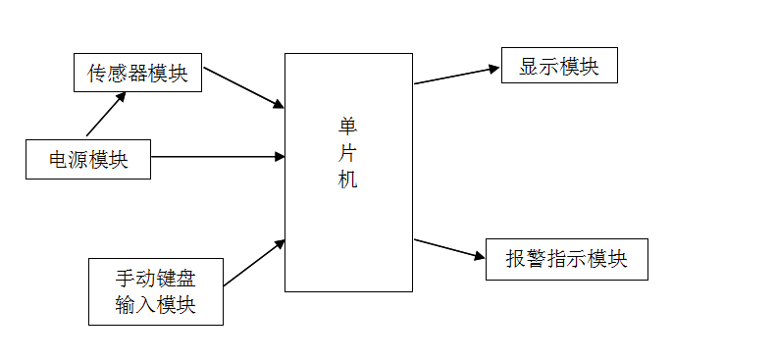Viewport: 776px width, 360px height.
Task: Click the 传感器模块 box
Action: click(x=137, y=73)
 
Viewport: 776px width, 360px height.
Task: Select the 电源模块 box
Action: click(x=88, y=159)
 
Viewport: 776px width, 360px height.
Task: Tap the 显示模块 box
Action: click(x=558, y=66)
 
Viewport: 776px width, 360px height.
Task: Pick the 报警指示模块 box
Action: click(x=566, y=259)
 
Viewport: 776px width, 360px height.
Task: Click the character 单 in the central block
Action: click(x=347, y=126)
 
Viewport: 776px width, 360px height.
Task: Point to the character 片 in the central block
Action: click(x=347, y=153)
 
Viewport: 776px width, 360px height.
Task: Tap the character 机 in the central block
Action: click(x=347, y=180)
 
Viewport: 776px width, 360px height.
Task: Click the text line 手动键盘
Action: click(x=155, y=279)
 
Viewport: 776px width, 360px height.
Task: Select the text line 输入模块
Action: click(x=155, y=305)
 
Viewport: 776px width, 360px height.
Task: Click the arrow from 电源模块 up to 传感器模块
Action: click(x=106, y=115)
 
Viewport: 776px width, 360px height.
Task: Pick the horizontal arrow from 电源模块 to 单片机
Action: click(x=218, y=157)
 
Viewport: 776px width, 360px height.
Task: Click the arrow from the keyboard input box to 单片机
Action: click(x=254, y=263)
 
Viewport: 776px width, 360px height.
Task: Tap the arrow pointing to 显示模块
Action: click(x=457, y=76)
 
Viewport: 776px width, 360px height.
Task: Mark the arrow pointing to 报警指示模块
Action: click(x=450, y=249)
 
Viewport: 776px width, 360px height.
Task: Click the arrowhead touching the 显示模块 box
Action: click(x=493, y=69)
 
